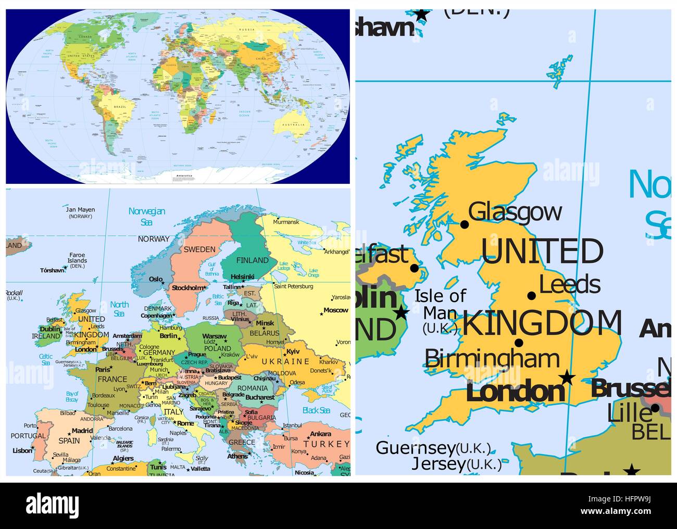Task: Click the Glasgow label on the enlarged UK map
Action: [x=515, y=212]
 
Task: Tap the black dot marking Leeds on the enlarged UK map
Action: [x=532, y=296]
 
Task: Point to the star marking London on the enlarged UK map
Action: [x=567, y=377]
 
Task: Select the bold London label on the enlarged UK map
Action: [x=515, y=391]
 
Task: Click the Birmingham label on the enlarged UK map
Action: [x=492, y=358]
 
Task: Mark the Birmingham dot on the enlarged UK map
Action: [x=519, y=343]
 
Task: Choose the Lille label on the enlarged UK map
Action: [x=630, y=413]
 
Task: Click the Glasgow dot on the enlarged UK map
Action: [x=465, y=224]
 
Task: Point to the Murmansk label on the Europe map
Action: [x=286, y=222]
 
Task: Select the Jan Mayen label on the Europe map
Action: [x=80, y=210]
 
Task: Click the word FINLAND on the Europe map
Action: [x=253, y=260]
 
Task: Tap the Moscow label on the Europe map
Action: [x=335, y=310]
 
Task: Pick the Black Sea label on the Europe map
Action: [x=316, y=410]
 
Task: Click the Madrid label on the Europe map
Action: [x=82, y=431]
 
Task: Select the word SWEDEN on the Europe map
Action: [x=199, y=249]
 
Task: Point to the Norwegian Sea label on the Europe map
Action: [x=147, y=216]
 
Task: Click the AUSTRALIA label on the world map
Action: [x=294, y=125]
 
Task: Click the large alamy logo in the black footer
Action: [x=52, y=505]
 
